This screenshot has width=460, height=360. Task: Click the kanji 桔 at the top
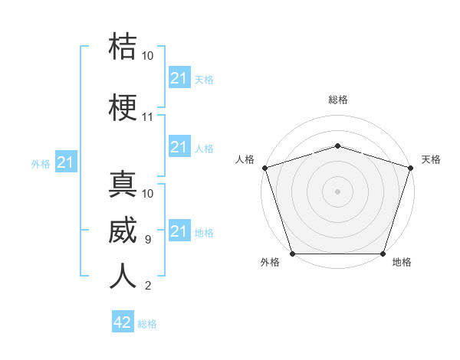(123, 46)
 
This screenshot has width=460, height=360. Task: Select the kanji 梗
(123, 107)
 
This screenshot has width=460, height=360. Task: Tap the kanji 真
(123, 184)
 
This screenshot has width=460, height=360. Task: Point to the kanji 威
(123, 230)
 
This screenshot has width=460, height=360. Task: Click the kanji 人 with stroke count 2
(123, 276)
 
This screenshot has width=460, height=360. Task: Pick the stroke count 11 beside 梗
(147, 117)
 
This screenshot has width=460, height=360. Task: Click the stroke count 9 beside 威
(148, 240)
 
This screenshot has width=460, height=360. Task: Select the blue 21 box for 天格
(179, 77)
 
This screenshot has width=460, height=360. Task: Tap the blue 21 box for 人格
(179, 146)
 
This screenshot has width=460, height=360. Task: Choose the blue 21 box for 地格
(179, 230)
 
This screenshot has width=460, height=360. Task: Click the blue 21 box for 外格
(66, 162)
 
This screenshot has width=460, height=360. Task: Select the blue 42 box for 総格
(123, 321)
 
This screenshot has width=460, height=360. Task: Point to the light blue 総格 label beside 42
(147, 324)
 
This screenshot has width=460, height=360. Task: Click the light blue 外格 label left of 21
(41, 164)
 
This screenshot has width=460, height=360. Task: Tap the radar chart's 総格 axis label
(338, 100)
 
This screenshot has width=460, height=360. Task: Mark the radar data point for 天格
(411, 168)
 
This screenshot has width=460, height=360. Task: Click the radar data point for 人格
(265, 168)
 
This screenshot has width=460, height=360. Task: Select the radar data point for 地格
(383, 254)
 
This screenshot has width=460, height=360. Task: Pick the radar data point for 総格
(337, 146)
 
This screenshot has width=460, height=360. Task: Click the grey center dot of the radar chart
(337, 191)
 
